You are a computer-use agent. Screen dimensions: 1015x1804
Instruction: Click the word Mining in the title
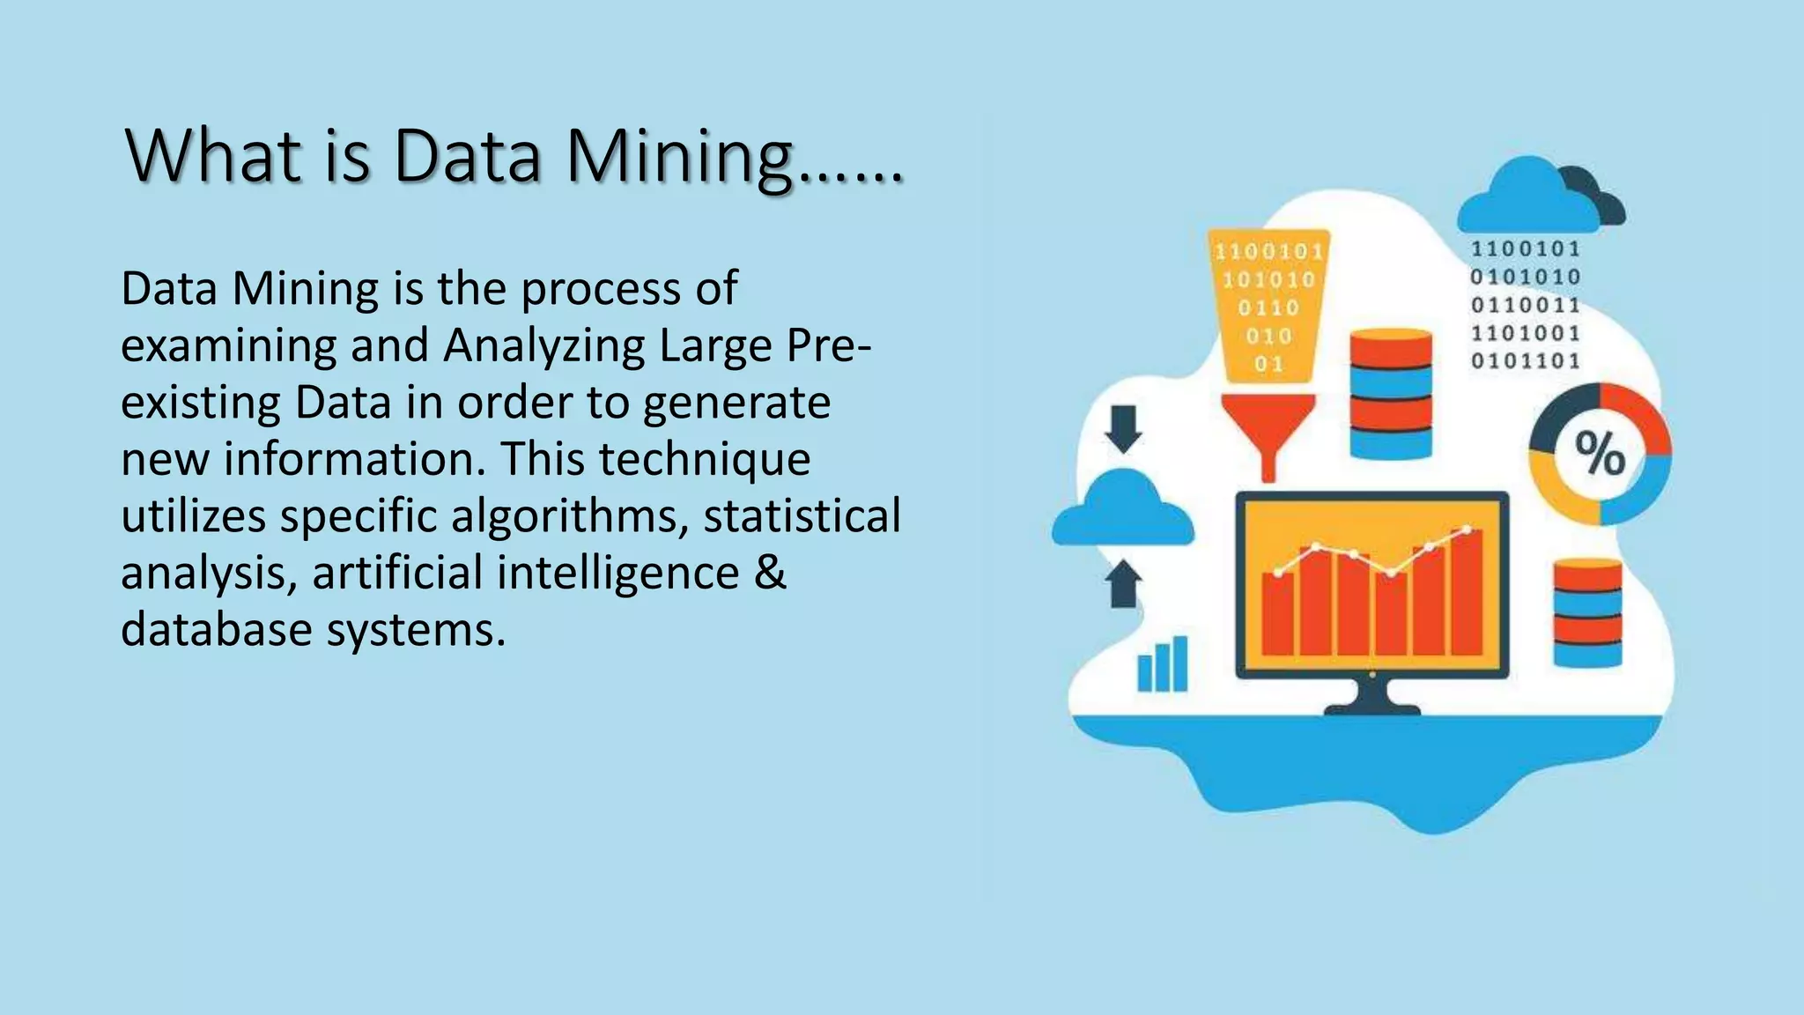coord(678,157)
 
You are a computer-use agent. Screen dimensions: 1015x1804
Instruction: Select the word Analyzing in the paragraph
coord(543,345)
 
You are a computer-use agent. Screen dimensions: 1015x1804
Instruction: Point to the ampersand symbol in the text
coord(769,573)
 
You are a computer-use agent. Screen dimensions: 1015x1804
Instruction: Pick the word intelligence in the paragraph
coord(617,573)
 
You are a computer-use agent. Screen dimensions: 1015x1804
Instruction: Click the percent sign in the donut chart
coord(1600,454)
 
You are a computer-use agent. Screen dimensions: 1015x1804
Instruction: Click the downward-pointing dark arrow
coord(1123,428)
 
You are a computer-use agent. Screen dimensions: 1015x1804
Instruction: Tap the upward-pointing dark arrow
coord(1123,583)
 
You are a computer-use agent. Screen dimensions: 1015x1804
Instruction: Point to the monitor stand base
coord(1372,707)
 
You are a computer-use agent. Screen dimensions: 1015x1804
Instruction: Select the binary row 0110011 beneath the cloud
coord(1526,305)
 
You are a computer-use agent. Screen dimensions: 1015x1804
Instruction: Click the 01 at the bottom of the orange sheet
coord(1268,363)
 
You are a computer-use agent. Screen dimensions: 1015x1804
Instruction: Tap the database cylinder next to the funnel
coord(1391,393)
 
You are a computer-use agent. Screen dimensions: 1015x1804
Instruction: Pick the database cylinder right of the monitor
coord(1587,612)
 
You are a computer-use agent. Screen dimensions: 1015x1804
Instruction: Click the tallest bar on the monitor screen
coord(1467,590)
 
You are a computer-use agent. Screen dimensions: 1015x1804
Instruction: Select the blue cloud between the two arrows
coord(1123,508)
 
